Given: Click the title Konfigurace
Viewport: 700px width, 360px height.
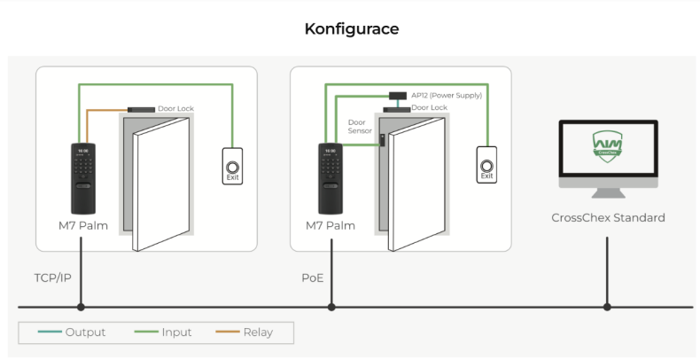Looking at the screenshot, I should [x=351, y=28].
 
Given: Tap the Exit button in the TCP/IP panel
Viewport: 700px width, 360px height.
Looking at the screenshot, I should [x=232, y=166].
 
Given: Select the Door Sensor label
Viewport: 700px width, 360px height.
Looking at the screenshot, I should [x=359, y=126].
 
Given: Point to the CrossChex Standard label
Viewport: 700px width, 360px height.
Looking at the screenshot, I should [x=607, y=217].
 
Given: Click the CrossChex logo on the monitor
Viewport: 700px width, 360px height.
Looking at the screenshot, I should [x=607, y=145].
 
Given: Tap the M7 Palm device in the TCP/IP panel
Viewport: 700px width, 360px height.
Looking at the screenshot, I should [x=81, y=177].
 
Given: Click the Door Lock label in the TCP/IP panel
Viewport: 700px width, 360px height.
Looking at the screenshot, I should [x=175, y=109].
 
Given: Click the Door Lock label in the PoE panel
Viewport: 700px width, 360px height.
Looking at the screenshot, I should [x=429, y=107].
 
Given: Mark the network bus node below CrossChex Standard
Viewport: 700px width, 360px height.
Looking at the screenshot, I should [x=607, y=308].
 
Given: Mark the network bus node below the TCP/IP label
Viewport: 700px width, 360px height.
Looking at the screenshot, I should [x=81, y=308].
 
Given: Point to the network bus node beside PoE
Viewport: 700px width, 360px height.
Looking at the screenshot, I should [x=331, y=308].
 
